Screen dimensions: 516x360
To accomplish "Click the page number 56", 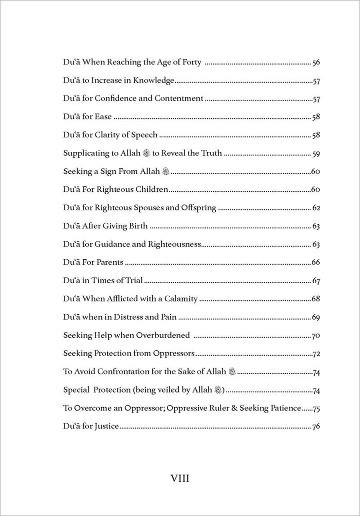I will point(315,63).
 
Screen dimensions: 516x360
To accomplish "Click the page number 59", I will point(315,154).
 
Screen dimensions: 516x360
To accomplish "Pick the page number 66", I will point(315,262).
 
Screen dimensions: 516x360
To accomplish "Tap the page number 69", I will point(315,317).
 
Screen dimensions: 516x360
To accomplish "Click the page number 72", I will point(315,353).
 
